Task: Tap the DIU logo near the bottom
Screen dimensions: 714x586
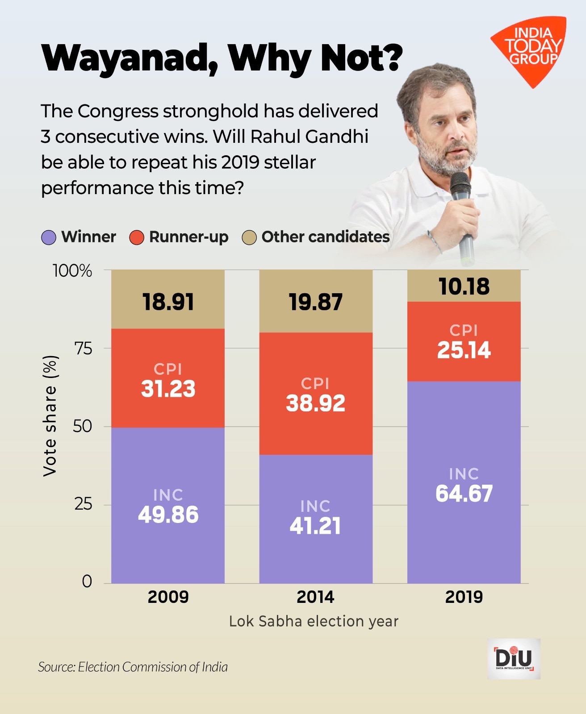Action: click(x=514, y=658)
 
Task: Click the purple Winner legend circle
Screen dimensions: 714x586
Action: click(x=49, y=237)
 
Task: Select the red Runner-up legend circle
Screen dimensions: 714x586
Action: click(x=137, y=237)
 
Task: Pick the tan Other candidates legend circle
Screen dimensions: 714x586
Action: click(x=249, y=237)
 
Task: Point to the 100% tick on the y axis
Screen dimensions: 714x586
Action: click(x=72, y=270)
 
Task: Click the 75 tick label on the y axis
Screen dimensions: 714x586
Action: click(x=83, y=349)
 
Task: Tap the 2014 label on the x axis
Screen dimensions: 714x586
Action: click(x=315, y=597)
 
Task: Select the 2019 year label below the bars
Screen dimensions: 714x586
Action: click(x=464, y=597)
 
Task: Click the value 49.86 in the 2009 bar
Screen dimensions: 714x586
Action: click(x=168, y=515)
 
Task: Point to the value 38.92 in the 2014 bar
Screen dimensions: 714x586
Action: click(x=315, y=403)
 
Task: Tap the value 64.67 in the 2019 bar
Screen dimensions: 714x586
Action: click(x=464, y=494)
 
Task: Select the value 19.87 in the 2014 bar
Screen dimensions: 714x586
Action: click(x=315, y=302)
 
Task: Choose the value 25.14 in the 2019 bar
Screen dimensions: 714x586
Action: click(x=464, y=350)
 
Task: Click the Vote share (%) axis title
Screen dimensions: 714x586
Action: click(x=50, y=416)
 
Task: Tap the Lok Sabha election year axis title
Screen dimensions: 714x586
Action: click(x=314, y=621)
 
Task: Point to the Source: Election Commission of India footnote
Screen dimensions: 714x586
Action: click(x=133, y=667)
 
